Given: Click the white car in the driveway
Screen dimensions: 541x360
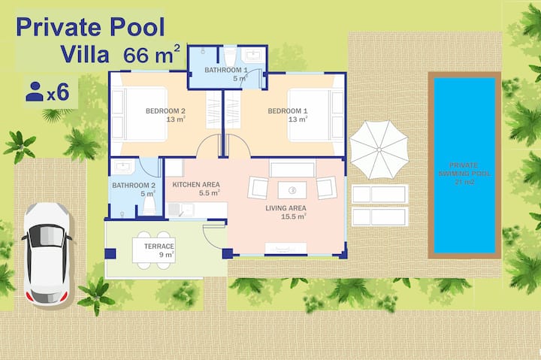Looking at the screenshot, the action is click(x=47, y=254).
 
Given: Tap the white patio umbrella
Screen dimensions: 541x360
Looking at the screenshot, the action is click(x=379, y=150).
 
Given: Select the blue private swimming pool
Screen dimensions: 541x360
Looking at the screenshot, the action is click(x=464, y=165).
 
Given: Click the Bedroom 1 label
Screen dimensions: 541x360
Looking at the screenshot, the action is click(x=287, y=111).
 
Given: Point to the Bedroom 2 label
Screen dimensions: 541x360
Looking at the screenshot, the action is click(x=165, y=111).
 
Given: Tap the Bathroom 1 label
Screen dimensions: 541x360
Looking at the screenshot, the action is click(x=226, y=70).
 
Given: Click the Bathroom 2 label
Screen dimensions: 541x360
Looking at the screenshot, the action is click(x=134, y=186).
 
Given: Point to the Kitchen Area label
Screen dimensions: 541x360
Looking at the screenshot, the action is click(x=196, y=185).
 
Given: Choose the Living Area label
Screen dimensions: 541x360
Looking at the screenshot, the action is click(x=286, y=208).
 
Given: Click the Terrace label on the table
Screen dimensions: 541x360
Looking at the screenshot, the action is click(x=159, y=247).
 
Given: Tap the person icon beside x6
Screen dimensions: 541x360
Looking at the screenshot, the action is click(x=35, y=92).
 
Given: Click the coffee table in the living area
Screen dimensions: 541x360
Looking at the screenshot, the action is click(x=292, y=190).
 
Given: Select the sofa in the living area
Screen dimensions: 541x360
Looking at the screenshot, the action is click(x=292, y=169).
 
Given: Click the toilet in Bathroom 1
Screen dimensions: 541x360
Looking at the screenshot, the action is click(x=230, y=55).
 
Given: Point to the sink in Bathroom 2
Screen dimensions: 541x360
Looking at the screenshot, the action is click(x=122, y=167).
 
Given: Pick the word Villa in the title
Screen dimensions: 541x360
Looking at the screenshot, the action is click(x=84, y=54).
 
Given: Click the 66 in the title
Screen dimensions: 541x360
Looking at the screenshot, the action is click(x=138, y=55).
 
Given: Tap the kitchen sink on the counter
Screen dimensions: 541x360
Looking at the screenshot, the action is click(x=181, y=210).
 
